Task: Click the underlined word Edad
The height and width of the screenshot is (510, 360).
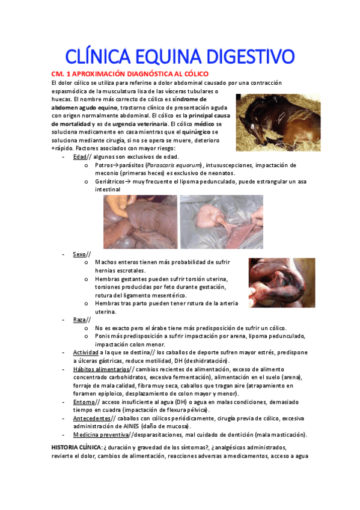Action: point(80,157)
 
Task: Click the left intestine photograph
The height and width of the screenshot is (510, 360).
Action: point(139,221)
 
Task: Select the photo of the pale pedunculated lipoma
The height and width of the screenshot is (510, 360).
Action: point(221,221)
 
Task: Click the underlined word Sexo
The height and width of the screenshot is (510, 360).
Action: point(79,254)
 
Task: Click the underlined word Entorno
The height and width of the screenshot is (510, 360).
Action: point(84,402)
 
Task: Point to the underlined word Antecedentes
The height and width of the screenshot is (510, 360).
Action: point(92,418)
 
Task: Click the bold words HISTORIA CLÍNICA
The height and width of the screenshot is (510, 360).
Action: point(77,448)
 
